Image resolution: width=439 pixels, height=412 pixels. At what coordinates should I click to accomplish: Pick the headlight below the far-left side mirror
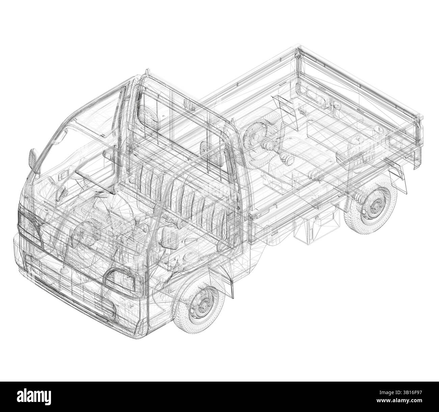pyautogui.click(x=29, y=228)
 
